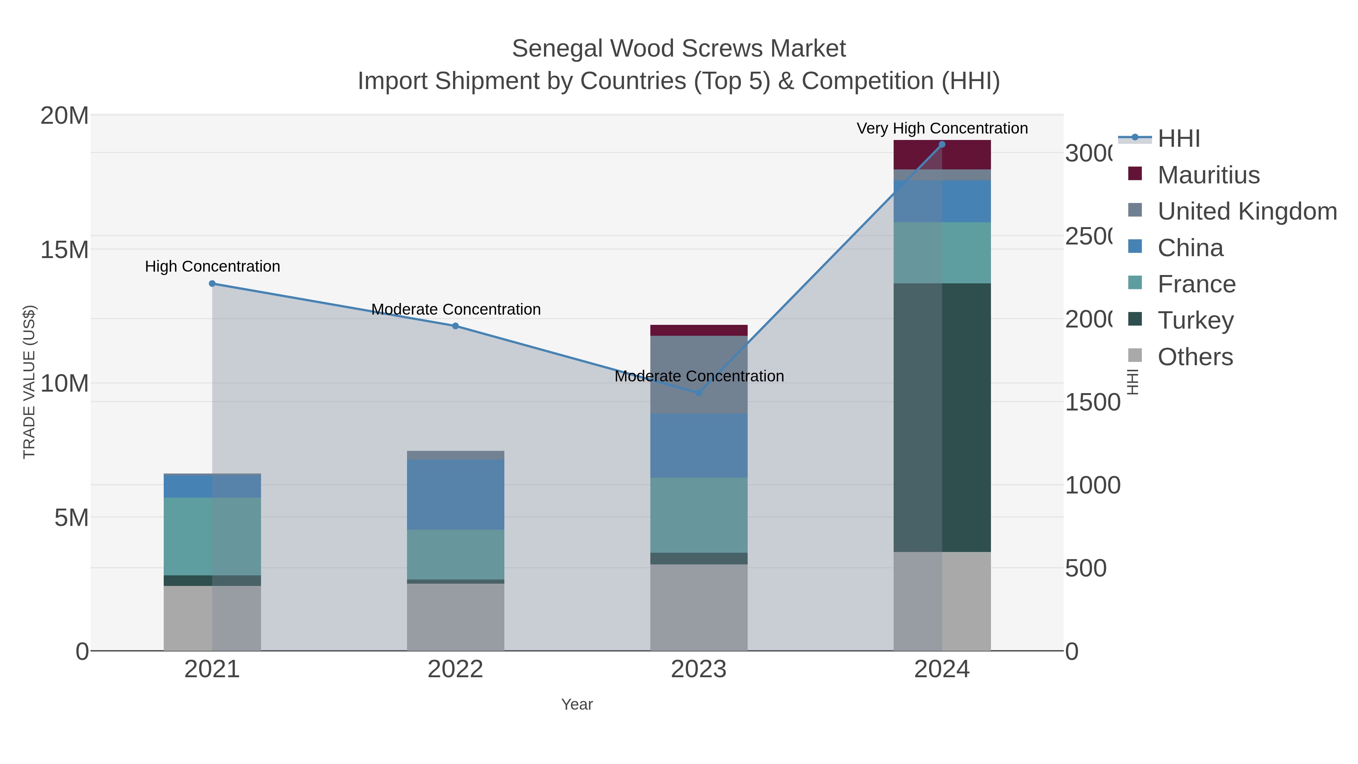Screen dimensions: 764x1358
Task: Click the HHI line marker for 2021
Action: pos(212,284)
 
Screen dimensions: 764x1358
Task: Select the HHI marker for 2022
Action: pos(455,326)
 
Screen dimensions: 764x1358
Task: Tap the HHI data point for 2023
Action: pos(699,393)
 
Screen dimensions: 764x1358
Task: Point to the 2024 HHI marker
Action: pos(942,144)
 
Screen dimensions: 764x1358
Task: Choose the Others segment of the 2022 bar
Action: pos(455,617)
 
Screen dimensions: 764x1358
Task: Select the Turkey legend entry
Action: pos(1196,320)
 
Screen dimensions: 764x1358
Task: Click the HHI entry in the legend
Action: pos(1179,138)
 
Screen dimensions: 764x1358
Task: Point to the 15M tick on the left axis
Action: pos(64,249)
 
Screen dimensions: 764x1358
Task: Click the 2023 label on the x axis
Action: pos(699,669)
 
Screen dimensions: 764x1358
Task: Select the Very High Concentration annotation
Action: pos(942,128)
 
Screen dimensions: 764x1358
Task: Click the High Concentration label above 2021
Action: pos(212,266)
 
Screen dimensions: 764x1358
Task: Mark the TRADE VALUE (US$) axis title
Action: pos(29,382)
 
